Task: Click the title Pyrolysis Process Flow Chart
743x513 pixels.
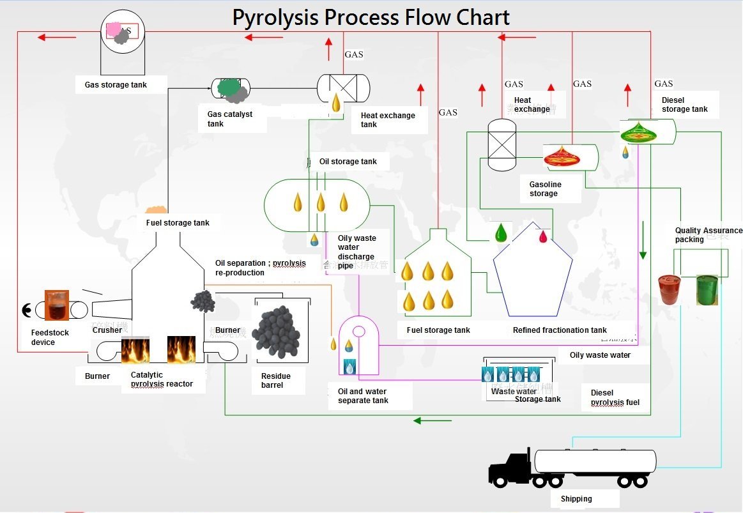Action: click(x=371, y=17)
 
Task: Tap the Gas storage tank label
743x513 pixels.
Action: click(x=116, y=85)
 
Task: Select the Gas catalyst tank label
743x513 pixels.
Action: click(x=229, y=119)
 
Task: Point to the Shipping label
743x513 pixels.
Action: click(x=576, y=499)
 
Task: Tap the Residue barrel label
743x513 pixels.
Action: click(x=275, y=381)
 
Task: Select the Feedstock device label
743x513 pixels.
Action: click(x=50, y=337)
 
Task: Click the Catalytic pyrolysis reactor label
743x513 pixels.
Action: click(x=161, y=379)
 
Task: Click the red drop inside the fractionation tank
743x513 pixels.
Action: click(x=543, y=236)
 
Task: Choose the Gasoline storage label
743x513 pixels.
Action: click(x=545, y=189)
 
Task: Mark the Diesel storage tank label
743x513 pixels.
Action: click(x=684, y=105)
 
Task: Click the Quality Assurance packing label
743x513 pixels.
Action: click(x=708, y=235)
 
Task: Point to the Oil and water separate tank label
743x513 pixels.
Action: click(x=362, y=396)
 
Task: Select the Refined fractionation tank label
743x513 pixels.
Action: click(x=560, y=330)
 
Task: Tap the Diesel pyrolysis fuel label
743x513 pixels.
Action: click(x=615, y=397)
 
